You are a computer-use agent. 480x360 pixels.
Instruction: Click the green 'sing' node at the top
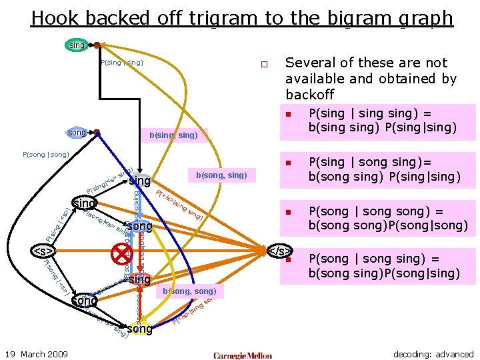click(77, 45)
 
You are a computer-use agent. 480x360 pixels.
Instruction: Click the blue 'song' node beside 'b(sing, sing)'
click(77, 133)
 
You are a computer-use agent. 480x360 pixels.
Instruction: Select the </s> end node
click(279, 251)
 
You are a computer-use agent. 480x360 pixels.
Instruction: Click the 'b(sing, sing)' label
click(173, 135)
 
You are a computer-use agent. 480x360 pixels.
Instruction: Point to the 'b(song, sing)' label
click(221, 175)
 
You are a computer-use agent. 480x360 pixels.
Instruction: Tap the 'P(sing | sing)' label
click(121, 63)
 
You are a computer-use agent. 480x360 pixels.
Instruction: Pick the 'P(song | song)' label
click(45, 155)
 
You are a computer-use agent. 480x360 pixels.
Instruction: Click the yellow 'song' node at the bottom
click(139, 329)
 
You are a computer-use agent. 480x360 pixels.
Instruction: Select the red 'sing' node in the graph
click(140, 280)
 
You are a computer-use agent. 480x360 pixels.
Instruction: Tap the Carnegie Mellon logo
click(243, 355)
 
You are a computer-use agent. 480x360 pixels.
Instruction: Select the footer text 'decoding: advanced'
click(433, 354)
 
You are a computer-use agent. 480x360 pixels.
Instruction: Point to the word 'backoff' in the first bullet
click(309, 95)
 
